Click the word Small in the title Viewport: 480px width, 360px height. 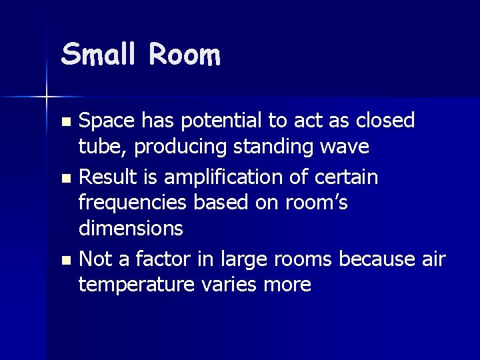point(99,54)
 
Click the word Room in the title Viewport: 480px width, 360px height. point(185,54)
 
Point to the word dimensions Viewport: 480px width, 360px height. point(131,228)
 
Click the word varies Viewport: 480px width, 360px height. point(233,285)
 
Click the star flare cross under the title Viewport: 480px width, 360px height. point(47,97)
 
